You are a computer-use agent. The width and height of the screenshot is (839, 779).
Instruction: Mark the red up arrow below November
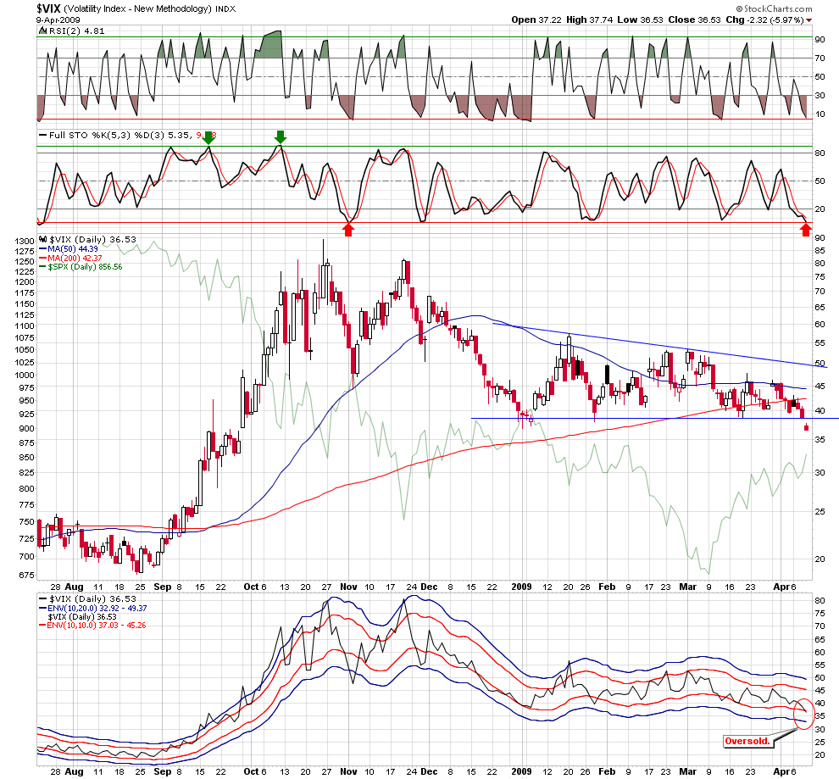pyautogui.click(x=347, y=229)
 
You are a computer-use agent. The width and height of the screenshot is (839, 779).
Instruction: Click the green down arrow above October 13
pyautogui.click(x=281, y=136)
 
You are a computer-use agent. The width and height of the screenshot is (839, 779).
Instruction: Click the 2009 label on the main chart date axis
pyautogui.click(x=523, y=585)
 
